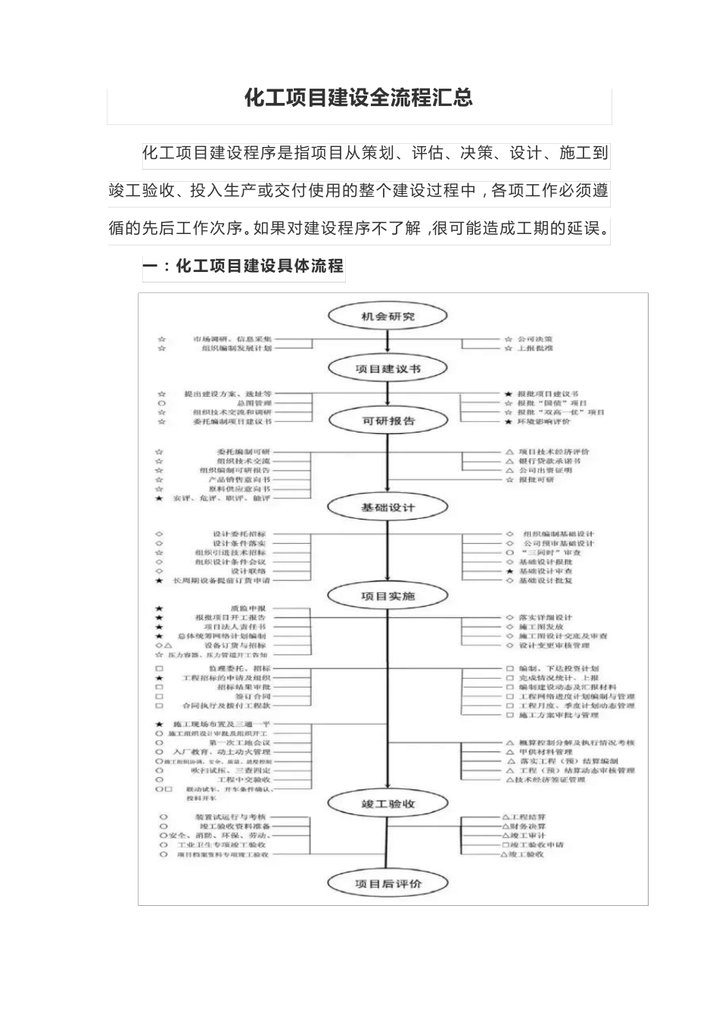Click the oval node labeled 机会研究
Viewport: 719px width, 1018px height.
tap(388, 316)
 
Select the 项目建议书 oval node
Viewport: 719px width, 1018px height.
tap(388, 369)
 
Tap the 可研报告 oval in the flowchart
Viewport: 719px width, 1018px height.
tap(388, 420)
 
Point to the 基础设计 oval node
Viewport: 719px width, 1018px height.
tap(388, 507)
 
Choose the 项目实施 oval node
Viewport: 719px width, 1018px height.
tap(388, 596)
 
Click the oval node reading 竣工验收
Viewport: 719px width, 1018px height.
tap(388, 804)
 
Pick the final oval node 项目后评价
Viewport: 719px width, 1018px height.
tap(388, 883)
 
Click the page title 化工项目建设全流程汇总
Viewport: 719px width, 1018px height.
tap(359, 98)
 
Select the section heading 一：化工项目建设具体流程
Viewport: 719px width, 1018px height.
tap(244, 266)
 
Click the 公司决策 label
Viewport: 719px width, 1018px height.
tap(535, 339)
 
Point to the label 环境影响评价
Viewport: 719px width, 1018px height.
tap(544, 421)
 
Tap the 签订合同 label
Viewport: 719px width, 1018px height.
tap(252, 696)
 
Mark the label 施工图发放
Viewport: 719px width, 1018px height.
tap(540, 627)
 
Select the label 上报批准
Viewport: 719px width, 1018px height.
tap(535, 348)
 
